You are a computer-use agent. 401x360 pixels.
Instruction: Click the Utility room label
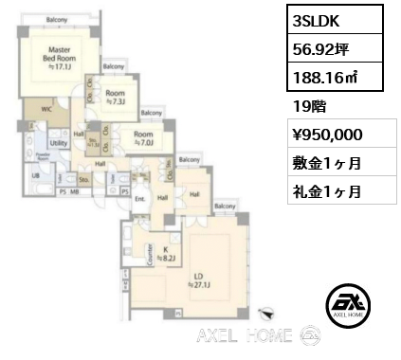pyautogui.click(x=57, y=143)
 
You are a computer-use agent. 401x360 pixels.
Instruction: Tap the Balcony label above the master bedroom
pyautogui.click(x=55, y=18)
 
